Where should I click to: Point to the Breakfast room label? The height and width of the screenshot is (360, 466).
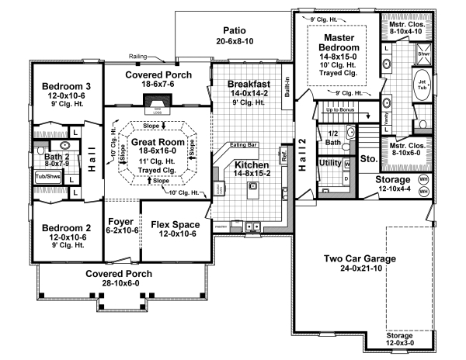pos(249,84)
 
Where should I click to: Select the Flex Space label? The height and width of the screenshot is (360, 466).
pos(175,226)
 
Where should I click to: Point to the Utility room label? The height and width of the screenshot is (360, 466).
pos(330,162)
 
